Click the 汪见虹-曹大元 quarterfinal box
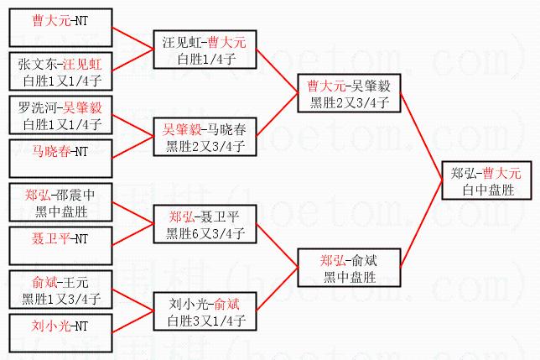point(204,49)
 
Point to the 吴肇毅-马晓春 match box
point(204,137)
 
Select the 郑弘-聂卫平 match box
point(204,224)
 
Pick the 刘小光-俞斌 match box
point(204,311)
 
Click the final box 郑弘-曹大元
point(485,180)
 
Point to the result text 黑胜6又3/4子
point(204,233)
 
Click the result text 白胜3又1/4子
point(204,321)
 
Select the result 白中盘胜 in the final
point(485,190)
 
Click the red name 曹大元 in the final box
point(501,173)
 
